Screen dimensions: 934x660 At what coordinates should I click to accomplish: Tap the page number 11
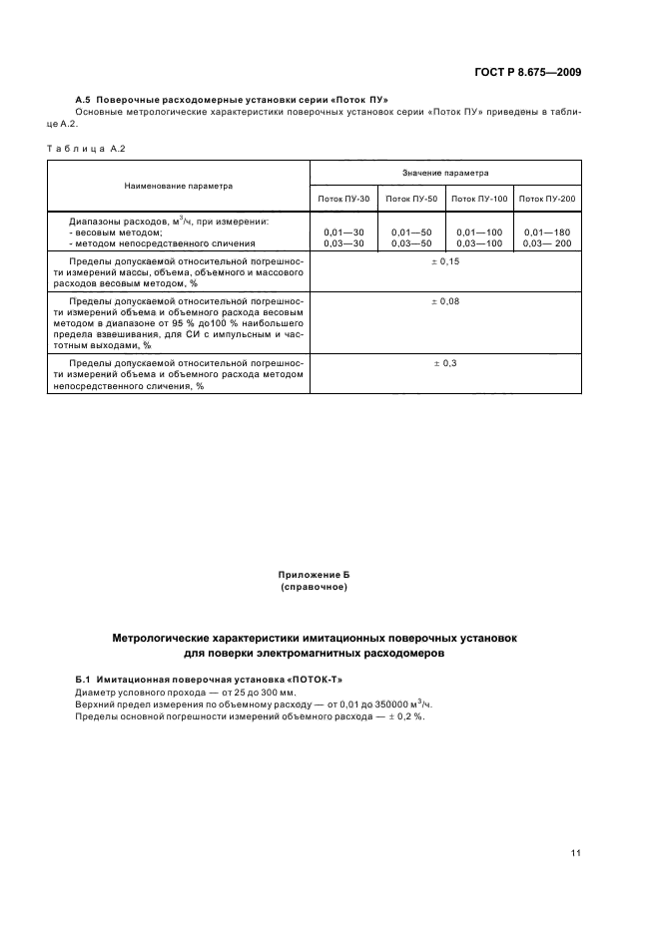tap(576, 852)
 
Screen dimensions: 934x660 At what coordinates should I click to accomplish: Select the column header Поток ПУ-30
tap(343, 200)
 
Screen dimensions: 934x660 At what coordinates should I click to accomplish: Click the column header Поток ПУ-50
tap(412, 200)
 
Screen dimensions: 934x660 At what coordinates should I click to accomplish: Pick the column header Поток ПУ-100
tap(479, 200)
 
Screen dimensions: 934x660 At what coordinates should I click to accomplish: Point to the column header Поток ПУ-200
tap(547, 200)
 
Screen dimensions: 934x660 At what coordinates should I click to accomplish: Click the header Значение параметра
tap(445, 173)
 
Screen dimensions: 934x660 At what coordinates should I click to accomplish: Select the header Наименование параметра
tap(179, 186)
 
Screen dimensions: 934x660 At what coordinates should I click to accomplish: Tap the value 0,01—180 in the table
tap(547, 232)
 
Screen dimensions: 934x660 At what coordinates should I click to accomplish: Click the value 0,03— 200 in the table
tap(547, 242)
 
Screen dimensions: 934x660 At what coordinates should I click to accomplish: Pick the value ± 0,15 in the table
tap(445, 261)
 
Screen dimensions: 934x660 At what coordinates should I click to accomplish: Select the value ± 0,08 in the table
tap(445, 300)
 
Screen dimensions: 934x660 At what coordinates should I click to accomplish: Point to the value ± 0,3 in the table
tap(445, 363)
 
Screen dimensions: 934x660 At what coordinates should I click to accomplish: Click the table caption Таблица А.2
tap(86, 149)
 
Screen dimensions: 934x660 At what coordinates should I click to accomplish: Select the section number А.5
tap(84, 100)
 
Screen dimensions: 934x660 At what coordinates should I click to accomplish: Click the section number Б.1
tap(84, 679)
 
